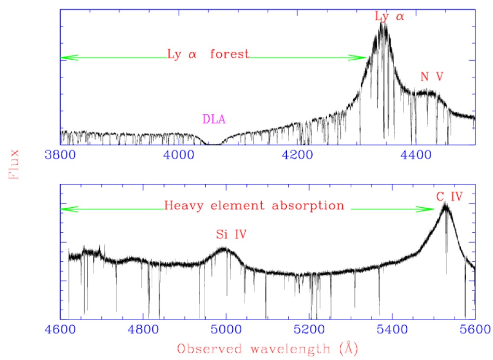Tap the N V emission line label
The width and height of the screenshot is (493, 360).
432,77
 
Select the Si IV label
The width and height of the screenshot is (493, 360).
231,235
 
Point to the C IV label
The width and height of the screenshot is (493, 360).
448,196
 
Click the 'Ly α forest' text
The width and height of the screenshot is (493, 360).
208,54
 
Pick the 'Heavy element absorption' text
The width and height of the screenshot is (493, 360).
254,206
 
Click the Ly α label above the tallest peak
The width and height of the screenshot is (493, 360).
389,17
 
